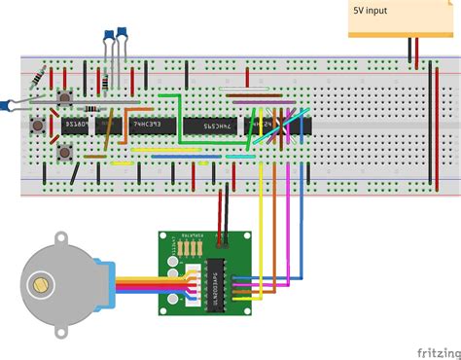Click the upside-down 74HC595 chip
(214, 126)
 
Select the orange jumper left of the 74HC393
(96, 154)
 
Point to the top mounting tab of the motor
(60, 236)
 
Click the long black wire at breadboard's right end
(430, 126)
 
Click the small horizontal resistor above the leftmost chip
(91, 108)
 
